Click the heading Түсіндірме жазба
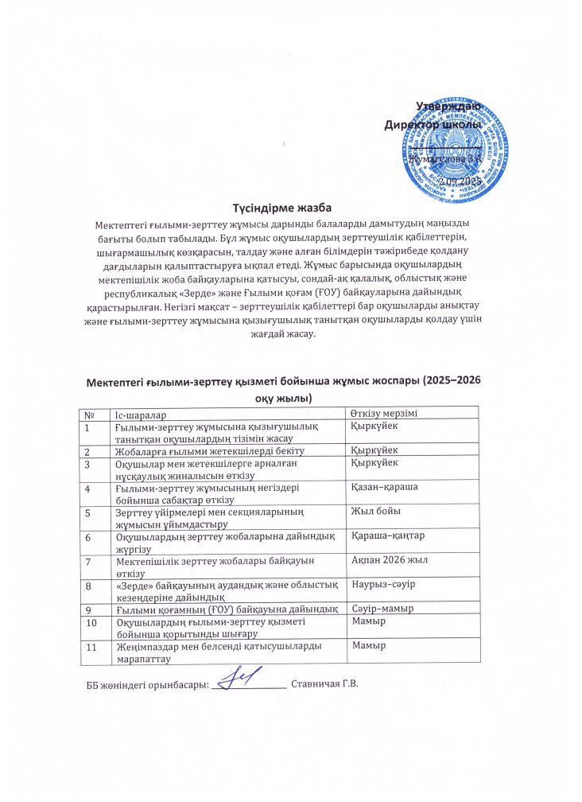(291, 208)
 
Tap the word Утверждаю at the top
(448, 106)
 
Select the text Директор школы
(432, 125)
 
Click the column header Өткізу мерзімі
(390, 412)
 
